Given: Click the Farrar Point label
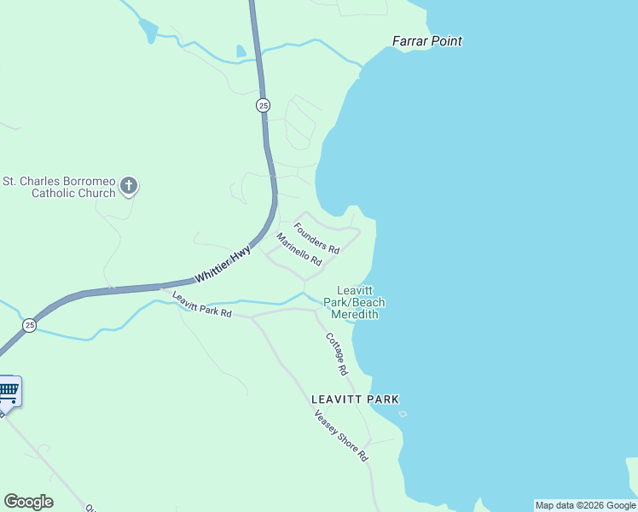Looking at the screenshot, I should click(426, 40).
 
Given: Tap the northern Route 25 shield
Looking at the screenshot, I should click(263, 106).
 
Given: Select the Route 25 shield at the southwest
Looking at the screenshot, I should click(30, 325).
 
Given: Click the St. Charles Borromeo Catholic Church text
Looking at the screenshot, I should click(59, 187).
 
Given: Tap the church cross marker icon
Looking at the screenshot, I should click(129, 185).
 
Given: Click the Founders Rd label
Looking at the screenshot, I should click(316, 238).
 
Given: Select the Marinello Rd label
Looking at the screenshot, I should click(299, 248).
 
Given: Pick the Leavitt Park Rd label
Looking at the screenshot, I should click(202, 305).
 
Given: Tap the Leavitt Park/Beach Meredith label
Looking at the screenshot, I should click(354, 302).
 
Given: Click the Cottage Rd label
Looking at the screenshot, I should click(336, 353).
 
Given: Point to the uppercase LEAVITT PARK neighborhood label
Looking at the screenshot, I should click(355, 399).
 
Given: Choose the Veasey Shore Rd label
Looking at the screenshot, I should click(340, 436).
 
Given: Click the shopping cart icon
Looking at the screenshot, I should click(8, 392).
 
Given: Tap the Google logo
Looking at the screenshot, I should click(28, 502).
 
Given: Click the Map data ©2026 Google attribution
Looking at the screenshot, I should click(585, 505).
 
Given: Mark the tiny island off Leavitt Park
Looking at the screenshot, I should click(403, 415).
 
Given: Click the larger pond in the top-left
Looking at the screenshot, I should click(148, 30).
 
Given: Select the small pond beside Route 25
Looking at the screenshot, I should click(241, 51).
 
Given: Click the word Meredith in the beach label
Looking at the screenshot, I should click(354, 314).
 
